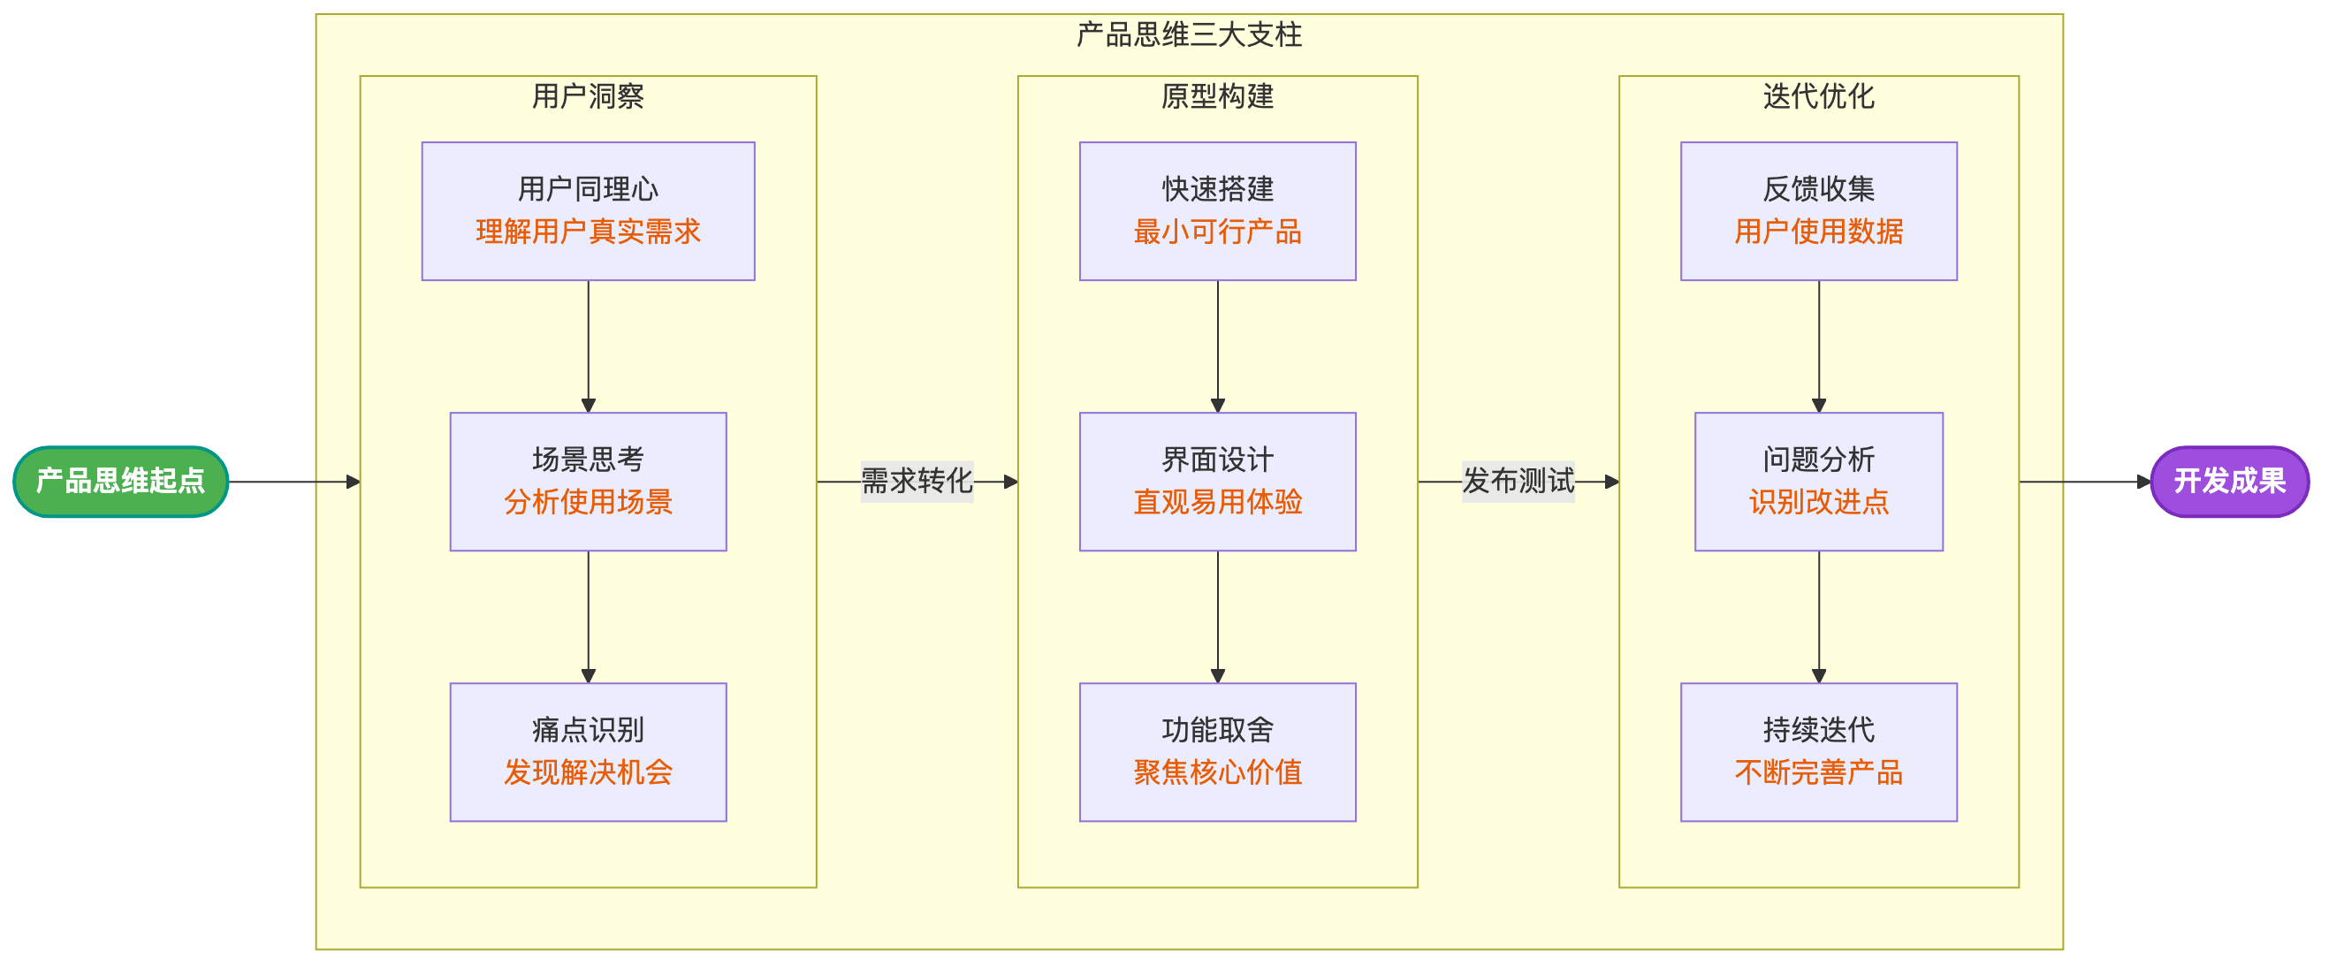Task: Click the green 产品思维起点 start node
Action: [x=120, y=482]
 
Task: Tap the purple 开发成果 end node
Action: [x=2229, y=482]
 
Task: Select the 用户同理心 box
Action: [x=588, y=210]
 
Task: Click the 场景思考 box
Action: [x=588, y=482]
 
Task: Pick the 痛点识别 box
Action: [x=588, y=752]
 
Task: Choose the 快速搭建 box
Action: [x=1217, y=210]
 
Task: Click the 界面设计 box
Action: [x=1217, y=482]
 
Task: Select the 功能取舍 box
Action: [x=1217, y=752]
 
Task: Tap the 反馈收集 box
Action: [x=1818, y=210]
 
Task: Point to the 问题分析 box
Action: [x=1818, y=482]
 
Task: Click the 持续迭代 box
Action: [x=1818, y=752]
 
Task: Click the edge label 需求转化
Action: [x=917, y=481]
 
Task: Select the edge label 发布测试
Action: [x=1518, y=481]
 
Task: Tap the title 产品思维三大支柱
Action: [x=1189, y=34]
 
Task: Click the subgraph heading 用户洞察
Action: [x=588, y=96]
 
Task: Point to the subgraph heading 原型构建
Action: [x=1217, y=96]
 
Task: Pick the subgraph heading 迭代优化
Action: [x=1818, y=96]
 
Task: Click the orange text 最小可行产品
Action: [x=1217, y=232]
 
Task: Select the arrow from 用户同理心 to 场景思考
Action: [x=588, y=346]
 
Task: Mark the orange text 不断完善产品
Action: [x=1818, y=772]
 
